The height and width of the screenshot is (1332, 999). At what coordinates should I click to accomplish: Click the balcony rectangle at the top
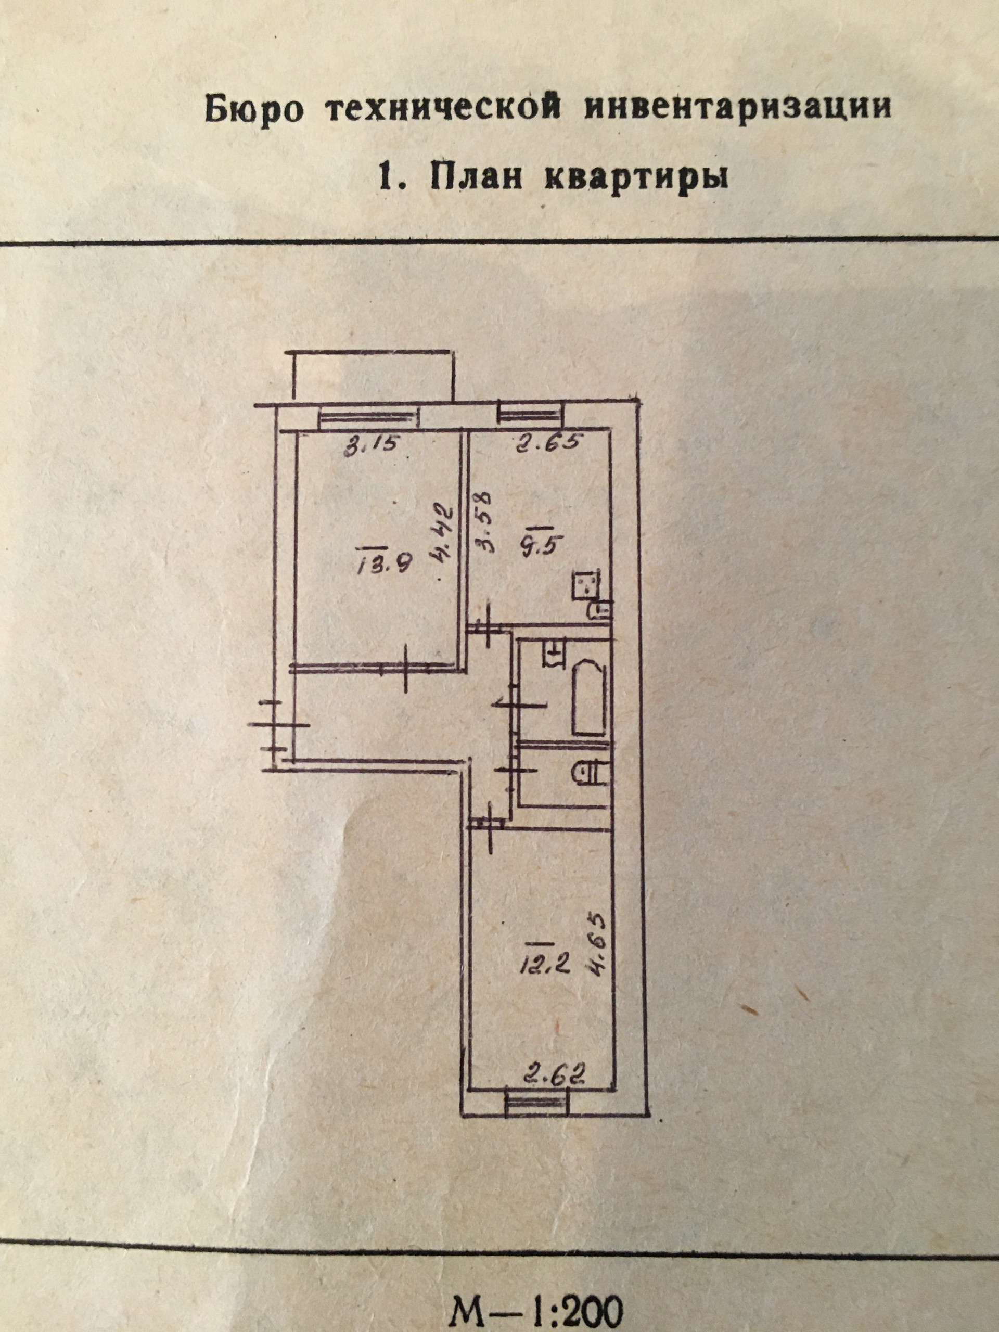pyautogui.click(x=370, y=375)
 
